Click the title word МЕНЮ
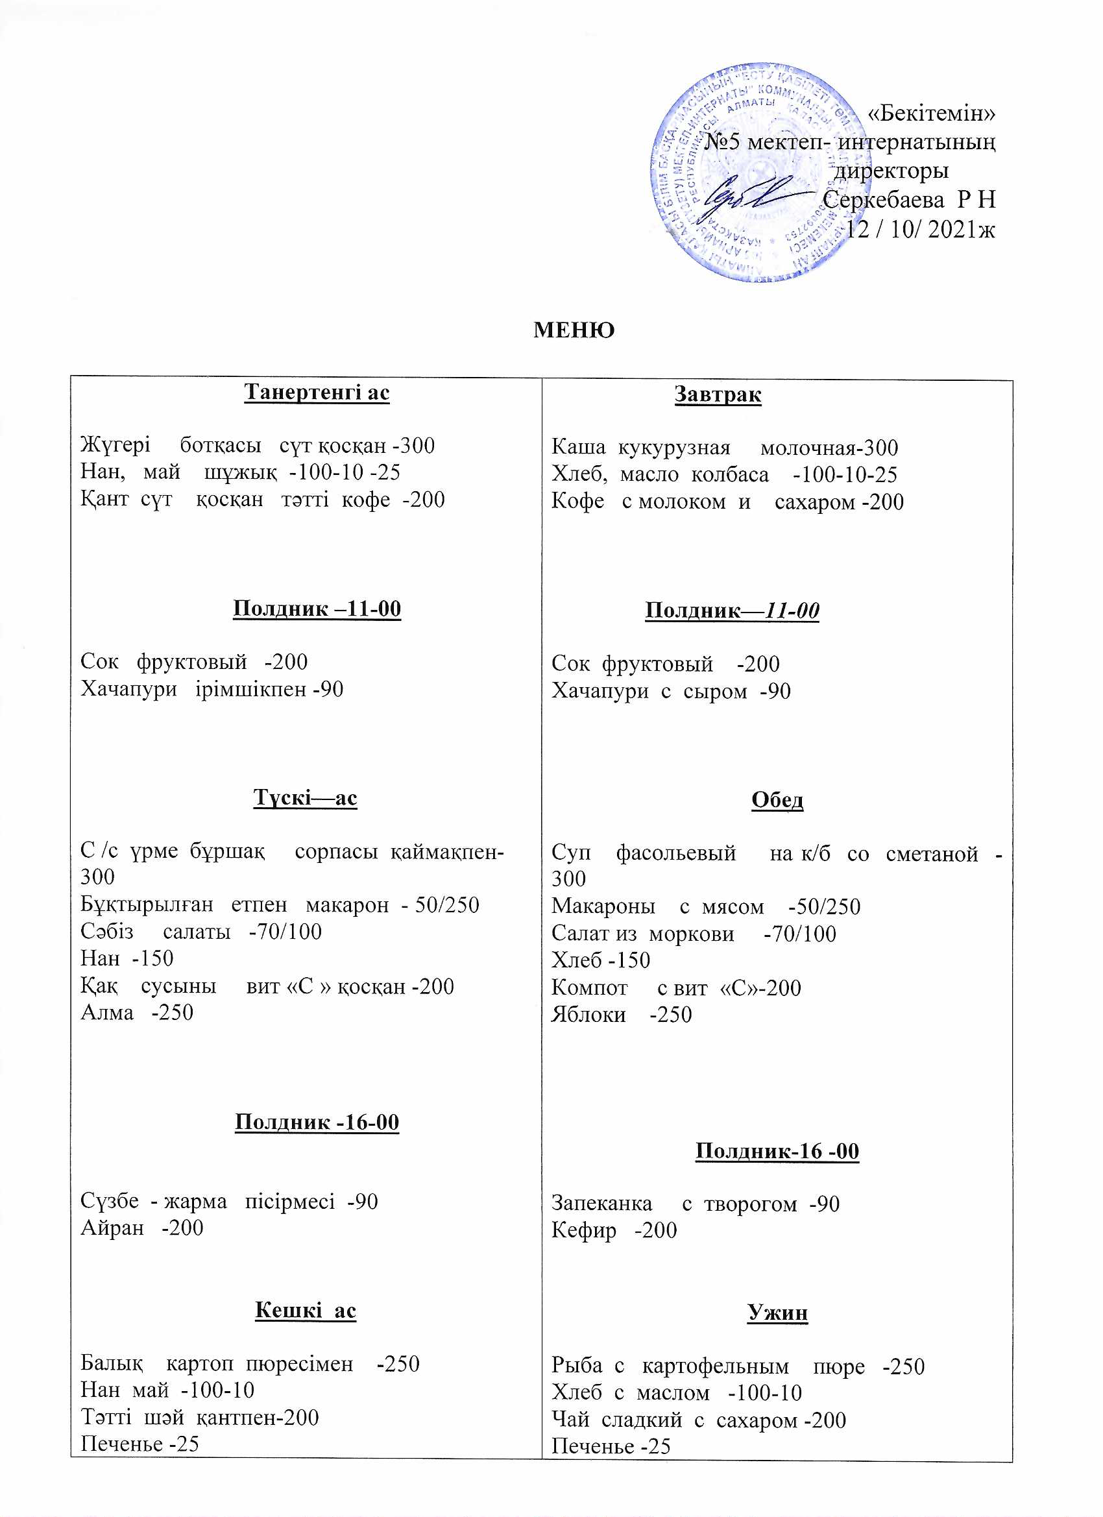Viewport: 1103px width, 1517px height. [574, 330]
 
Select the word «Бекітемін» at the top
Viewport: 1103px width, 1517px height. [931, 114]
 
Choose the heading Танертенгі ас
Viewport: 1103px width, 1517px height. [317, 392]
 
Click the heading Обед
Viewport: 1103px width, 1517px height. [777, 799]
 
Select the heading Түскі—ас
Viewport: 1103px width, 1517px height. [305, 797]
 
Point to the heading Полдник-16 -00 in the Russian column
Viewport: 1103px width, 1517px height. [777, 1151]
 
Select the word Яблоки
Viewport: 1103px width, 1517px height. [588, 1015]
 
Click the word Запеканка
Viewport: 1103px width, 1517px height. [601, 1204]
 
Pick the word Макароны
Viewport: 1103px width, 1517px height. [603, 907]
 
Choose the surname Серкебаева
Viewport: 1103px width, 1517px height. [883, 200]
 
